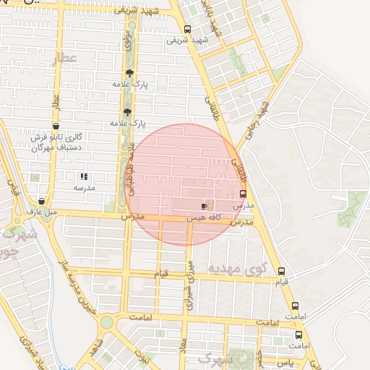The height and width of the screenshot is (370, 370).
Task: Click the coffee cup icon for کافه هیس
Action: click(x=204, y=207)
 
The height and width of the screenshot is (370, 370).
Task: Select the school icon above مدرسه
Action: click(x=84, y=176)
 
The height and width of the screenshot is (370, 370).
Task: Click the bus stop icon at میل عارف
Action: click(x=41, y=202)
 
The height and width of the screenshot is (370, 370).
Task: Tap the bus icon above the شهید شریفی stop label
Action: click(x=188, y=30)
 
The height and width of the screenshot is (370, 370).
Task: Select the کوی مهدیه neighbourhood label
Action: click(x=238, y=268)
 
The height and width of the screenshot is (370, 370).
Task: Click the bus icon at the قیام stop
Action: click(x=281, y=271)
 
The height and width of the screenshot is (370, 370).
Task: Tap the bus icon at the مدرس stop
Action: click(x=242, y=194)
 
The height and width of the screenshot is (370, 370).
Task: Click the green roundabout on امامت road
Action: click(x=107, y=322)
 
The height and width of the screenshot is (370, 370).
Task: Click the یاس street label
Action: click(x=284, y=360)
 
